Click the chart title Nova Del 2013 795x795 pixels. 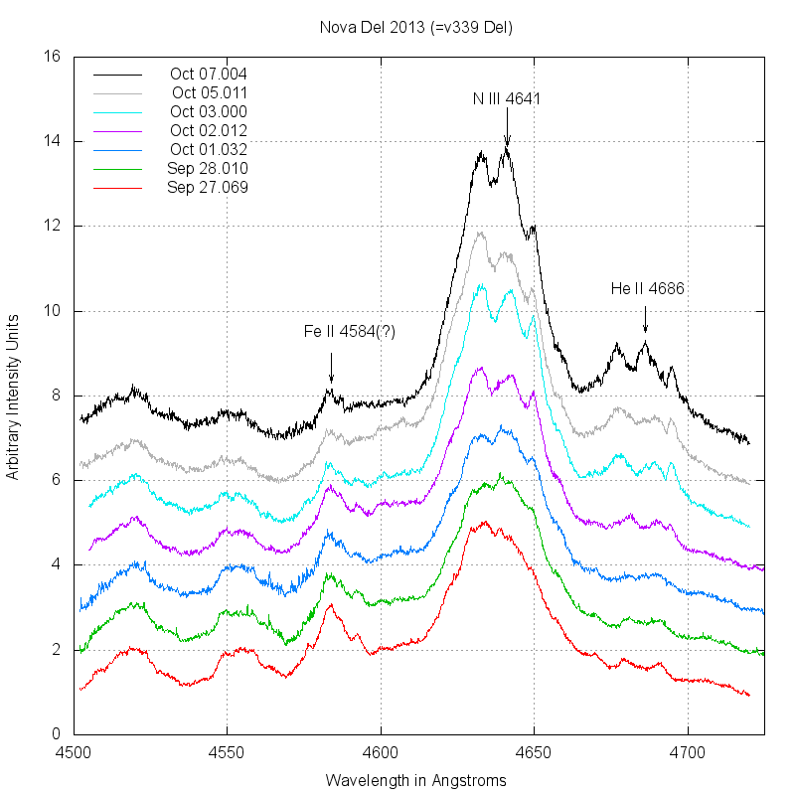pos(416,27)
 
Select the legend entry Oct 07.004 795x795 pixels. pos(208,74)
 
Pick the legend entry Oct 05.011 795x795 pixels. pos(209,92)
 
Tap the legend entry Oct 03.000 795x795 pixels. pos(208,111)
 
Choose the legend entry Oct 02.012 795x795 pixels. pos(208,130)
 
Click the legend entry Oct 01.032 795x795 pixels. pos(208,149)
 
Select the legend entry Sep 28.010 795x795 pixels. pos(207,168)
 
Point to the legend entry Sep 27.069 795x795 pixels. pos(207,187)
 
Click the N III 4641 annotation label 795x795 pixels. pos(507,98)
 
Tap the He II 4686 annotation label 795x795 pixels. pos(648,289)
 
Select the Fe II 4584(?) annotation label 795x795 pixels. pos(350,332)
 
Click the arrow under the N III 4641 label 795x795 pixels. pos(507,129)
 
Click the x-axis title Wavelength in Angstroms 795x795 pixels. pos(416,780)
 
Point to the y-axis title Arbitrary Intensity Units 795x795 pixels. pos(13,396)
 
